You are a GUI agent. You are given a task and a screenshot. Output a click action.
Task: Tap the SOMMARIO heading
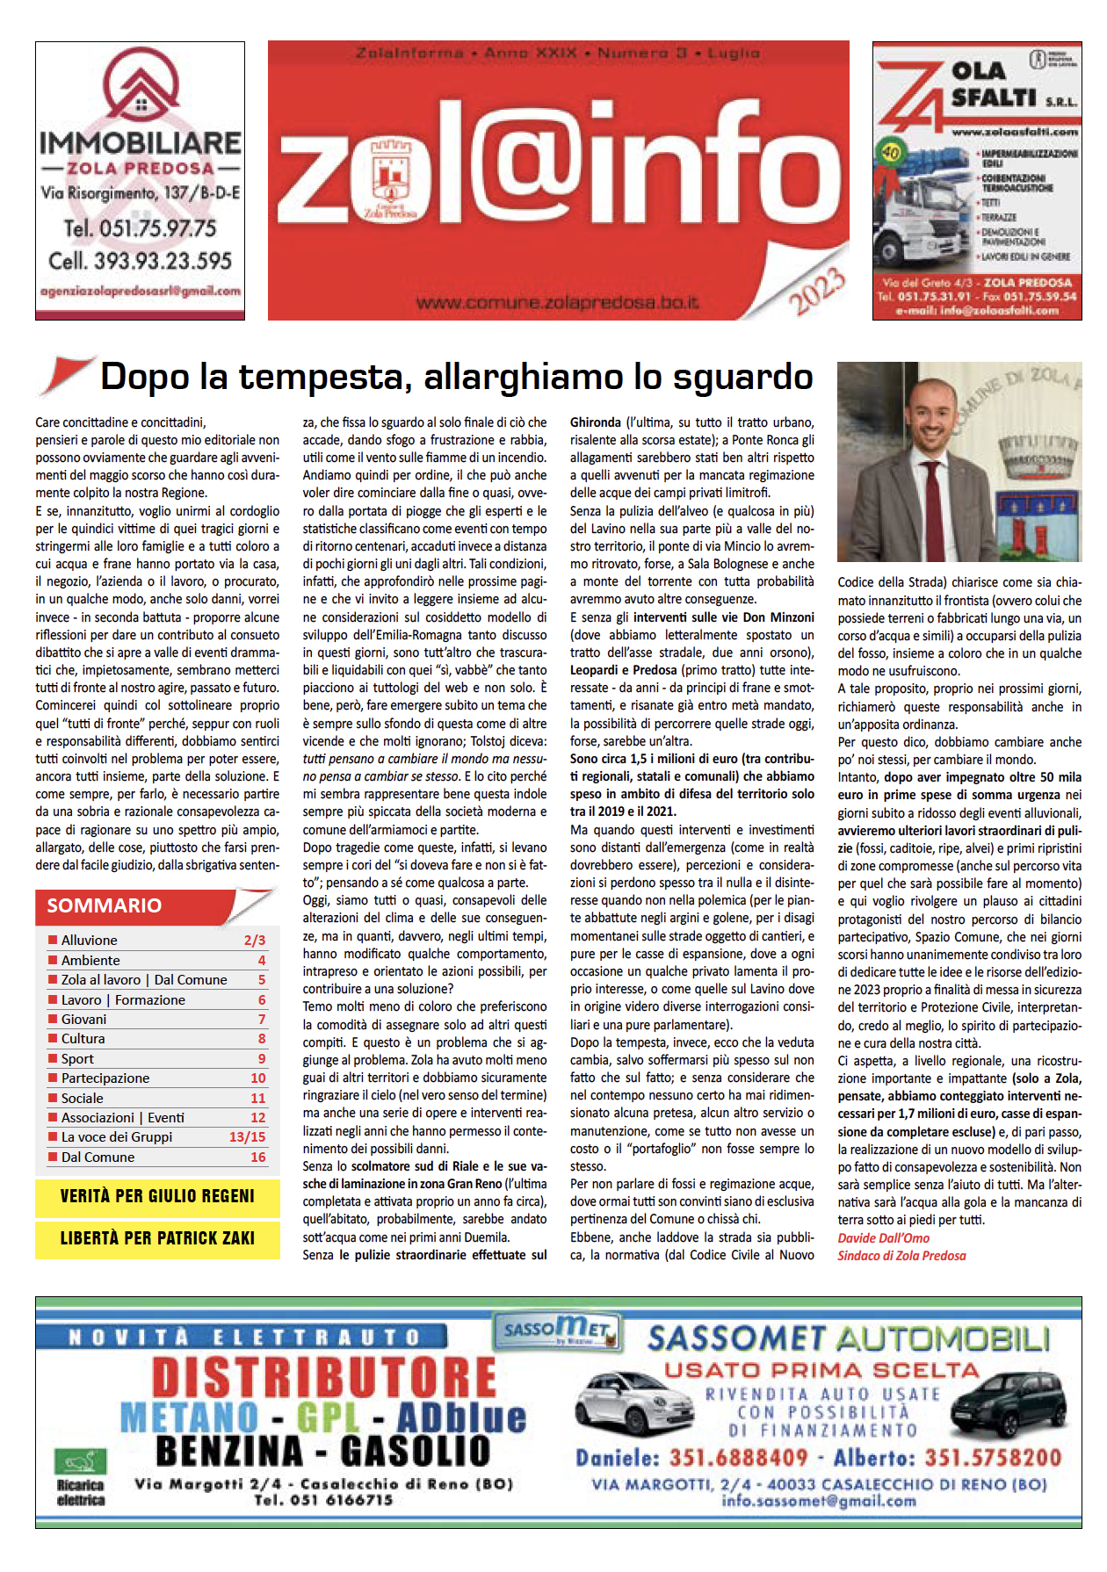104,905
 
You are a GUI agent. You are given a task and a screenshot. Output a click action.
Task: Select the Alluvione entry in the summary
89,940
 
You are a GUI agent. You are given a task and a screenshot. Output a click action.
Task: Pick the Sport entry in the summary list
77,1058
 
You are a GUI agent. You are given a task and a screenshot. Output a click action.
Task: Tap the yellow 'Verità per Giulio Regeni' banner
157,1196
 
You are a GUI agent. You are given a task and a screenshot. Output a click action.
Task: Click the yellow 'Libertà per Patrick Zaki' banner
157,1238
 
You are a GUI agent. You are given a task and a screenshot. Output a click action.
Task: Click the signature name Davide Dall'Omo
883,1237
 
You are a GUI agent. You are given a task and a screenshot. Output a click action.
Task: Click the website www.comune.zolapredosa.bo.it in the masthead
557,304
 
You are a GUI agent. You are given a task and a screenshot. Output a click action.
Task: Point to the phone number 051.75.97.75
140,228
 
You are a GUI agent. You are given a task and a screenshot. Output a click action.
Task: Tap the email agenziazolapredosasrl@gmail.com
141,291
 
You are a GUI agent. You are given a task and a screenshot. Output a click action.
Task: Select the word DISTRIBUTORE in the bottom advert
324,1378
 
